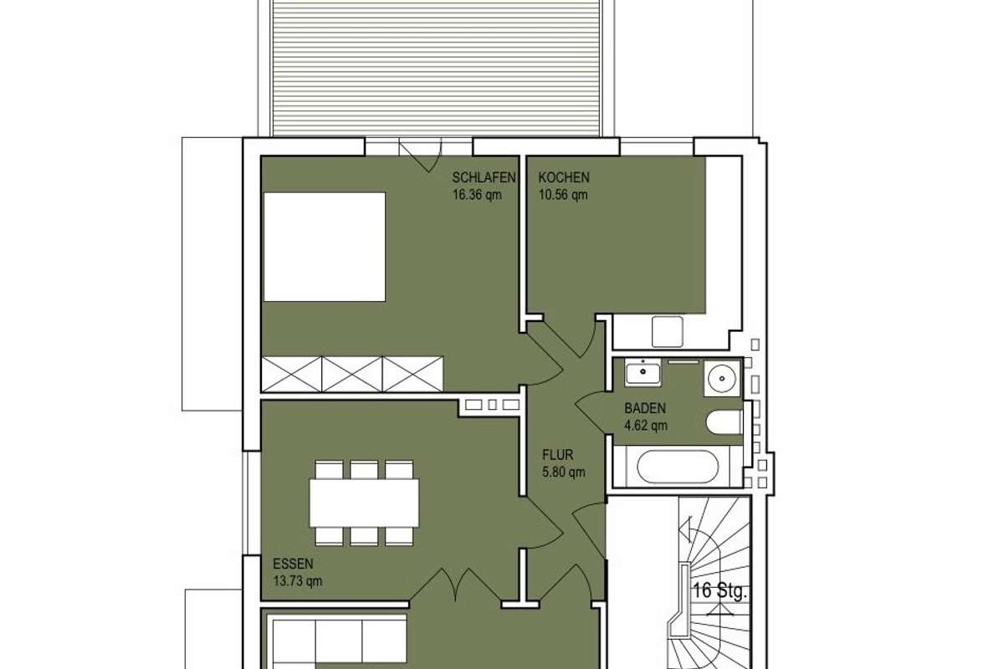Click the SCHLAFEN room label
pyautogui.click(x=484, y=177)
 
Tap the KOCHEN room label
pyautogui.click(x=564, y=177)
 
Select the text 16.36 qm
pyautogui.click(x=477, y=195)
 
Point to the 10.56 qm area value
pyautogui.click(x=563, y=195)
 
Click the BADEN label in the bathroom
pyautogui.click(x=645, y=408)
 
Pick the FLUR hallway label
pyautogui.click(x=557, y=455)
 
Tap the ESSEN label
pyautogui.click(x=293, y=564)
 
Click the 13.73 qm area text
pyautogui.click(x=298, y=581)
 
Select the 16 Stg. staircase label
pyautogui.click(x=720, y=590)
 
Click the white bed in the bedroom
pyautogui.click(x=325, y=247)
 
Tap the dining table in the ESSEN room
pyautogui.click(x=364, y=503)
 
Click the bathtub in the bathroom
pyautogui.click(x=677, y=467)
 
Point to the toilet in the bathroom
pyautogui.click(x=724, y=422)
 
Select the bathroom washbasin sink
pyautogui.click(x=643, y=374)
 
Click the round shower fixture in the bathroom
pyautogui.click(x=722, y=378)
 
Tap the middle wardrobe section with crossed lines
pyautogui.click(x=352, y=374)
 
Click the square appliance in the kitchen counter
pyautogui.click(x=668, y=332)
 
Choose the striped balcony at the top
pyautogui.click(x=436, y=67)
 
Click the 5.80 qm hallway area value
pyautogui.click(x=563, y=472)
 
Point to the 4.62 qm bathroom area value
pyautogui.click(x=646, y=426)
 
